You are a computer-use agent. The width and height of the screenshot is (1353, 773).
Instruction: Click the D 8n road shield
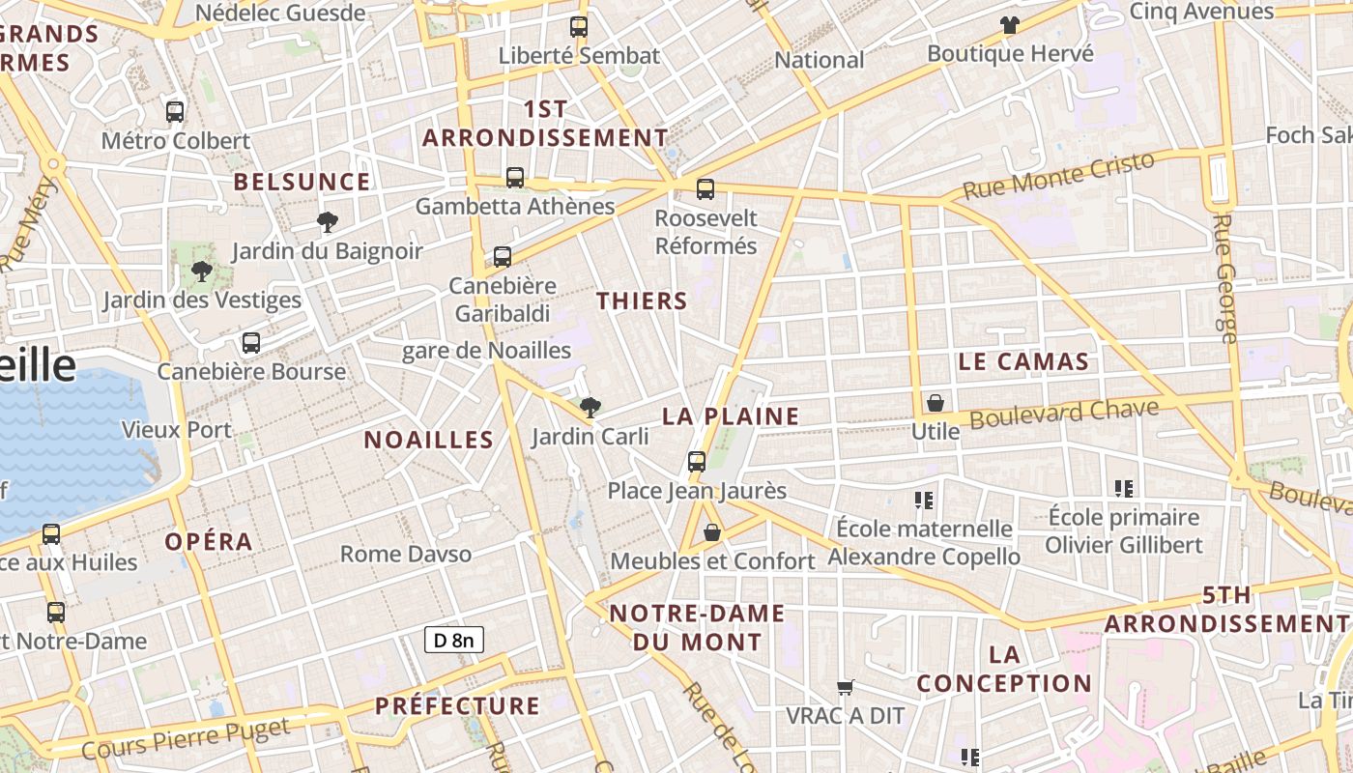pyautogui.click(x=453, y=640)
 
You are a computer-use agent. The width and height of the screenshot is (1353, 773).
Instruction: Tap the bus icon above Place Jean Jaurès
pyautogui.click(x=697, y=462)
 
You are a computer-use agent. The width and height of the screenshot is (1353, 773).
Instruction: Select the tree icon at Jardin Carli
pyautogui.click(x=590, y=408)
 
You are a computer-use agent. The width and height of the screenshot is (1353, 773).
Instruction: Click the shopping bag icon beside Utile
pyautogui.click(x=935, y=403)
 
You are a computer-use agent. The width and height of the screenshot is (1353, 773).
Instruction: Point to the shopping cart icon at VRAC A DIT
pyautogui.click(x=846, y=687)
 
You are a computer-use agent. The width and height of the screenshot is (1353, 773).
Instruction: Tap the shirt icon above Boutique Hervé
pyautogui.click(x=1010, y=25)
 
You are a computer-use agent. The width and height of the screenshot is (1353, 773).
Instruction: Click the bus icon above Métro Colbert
pyautogui.click(x=175, y=112)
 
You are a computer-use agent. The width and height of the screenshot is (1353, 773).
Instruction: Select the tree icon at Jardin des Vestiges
pyautogui.click(x=202, y=272)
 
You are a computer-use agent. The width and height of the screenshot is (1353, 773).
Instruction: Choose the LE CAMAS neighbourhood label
pyautogui.click(x=1023, y=362)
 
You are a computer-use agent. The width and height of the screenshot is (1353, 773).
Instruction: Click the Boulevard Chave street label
pyautogui.click(x=1064, y=415)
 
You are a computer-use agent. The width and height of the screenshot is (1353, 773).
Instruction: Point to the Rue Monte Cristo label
pyautogui.click(x=1059, y=175)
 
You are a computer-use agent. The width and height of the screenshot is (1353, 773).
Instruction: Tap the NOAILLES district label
pyautogui.click(x=428, y=441)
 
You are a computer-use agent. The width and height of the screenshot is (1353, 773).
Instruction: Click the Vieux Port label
pyautogui.click(x=177, y=430)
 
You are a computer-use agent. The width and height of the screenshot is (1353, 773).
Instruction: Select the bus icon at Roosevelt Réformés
pyautogui.click(x=705, y=189)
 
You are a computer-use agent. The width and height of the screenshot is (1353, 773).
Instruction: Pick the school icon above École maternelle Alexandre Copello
pyautogui.click(x=924, y=501)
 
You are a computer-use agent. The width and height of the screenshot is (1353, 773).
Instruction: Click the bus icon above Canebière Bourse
pyautogui.click(x=251, y=343)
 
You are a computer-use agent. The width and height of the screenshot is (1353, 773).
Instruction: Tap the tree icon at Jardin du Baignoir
pyautogui.click(x=328, y=222)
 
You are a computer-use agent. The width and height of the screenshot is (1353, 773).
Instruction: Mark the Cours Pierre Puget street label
pyautogui.click(x=186, y=737)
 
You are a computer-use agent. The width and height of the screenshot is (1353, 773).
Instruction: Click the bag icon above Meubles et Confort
pyautogui.click(x=712, y=532)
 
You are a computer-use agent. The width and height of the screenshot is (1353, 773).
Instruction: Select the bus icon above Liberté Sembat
pyautogui.click(x=579, y=27)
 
